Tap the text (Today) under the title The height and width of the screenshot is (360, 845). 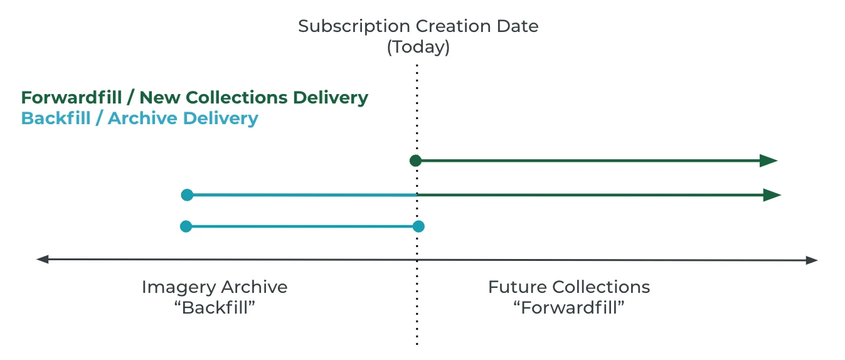(x=418, y=48)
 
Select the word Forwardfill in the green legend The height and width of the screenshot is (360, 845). (x=72, y=97)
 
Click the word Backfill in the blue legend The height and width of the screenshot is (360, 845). (x=56, y=118)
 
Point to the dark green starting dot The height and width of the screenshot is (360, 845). (x=415, y=161)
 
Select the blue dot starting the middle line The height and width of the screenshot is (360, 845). (x=187, y=195)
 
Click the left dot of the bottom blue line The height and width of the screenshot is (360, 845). (x=186, y=226)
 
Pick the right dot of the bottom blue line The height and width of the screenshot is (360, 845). (x=418, y=226)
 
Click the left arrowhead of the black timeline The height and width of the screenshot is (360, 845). (x=42, y=260)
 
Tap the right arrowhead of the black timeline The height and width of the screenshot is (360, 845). (x=811, y=260)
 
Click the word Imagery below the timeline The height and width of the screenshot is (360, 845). (x=179, y=288)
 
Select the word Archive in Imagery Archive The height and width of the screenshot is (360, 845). (x=254, y=287)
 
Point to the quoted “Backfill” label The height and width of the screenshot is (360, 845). (x=215, y=307)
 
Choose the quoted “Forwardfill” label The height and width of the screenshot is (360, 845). (x=569, y=307)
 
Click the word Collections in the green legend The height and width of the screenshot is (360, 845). (x=236, y=97)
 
